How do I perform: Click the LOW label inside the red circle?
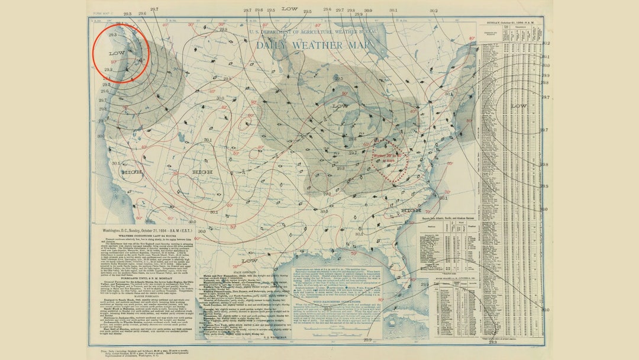click(x=117, y=53)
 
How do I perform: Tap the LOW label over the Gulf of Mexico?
click(x=249, y=261)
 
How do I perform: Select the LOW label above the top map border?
click(x=289, y=9)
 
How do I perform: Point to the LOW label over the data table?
click(x=518, y=106)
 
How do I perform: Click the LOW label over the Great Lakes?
click(x=340, y=106)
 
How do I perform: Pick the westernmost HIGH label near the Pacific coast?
click(x=132, y=172)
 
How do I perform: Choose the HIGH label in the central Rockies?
click(x=202, y=172)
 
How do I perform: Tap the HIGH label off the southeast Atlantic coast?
click(x=411, y=210)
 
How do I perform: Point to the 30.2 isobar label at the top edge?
click(x=434, y=11)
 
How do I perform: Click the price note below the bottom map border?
click(x=154, y=352)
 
